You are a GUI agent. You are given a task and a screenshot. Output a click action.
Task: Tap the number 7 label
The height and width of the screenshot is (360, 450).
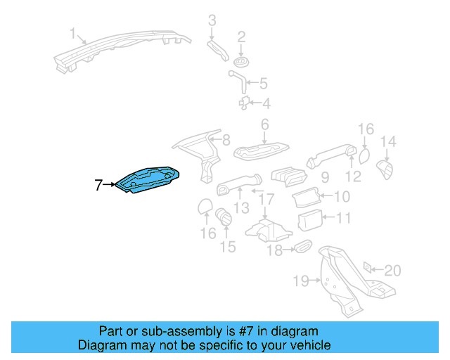pyautogui.click(x=99, y=186)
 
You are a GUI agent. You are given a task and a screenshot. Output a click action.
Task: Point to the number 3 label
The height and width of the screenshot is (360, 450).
pyautogui.click(x=212, y=20)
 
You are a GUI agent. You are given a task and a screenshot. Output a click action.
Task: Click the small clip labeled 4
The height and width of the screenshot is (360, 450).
pyautogui.click(x=245, y=103)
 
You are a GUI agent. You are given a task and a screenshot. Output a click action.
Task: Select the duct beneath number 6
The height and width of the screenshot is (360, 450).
pyautogui.click(x=261, y=150)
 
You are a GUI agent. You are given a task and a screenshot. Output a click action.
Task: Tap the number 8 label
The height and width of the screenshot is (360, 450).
pyautogui.click(x=226, y=141)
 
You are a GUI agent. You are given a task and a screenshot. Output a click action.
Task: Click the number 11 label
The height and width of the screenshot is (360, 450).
pyautogui.click(x=342, y=219)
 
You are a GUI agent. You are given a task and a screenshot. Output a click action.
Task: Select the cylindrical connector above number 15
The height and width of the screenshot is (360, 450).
pyautogui.click(x=224, y=217)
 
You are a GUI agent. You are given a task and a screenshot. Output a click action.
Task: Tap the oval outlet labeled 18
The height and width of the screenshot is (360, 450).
pyautogui.click(x=302, y=246)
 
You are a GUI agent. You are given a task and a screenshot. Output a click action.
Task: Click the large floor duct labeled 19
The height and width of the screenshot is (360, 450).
pyautogui.click(x=345, y=278)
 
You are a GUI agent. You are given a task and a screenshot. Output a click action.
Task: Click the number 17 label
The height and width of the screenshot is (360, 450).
pyautogui.click(x=265, y=200)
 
